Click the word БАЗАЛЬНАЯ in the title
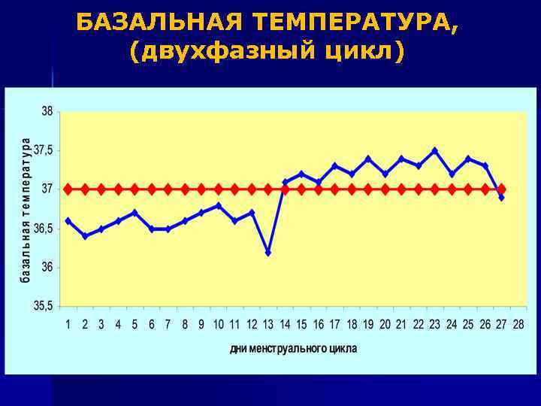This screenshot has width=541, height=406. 160,23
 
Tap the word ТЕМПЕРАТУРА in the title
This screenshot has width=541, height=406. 352,23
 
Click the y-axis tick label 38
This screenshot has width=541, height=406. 47,111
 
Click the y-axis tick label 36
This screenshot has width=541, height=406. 47,267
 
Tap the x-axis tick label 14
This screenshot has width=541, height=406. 285,324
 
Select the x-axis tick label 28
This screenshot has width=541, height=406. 518,324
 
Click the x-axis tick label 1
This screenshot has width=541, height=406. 68,324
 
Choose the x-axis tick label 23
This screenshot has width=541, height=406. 434,324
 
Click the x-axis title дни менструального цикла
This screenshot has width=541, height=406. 293,349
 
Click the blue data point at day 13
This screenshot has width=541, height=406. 268,253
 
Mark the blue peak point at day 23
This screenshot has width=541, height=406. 434,150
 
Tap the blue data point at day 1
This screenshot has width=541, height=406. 68,220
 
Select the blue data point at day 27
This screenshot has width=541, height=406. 501,197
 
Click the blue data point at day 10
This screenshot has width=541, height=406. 219,205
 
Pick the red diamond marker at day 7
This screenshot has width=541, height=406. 168,189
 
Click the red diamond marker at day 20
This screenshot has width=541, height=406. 385,189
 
